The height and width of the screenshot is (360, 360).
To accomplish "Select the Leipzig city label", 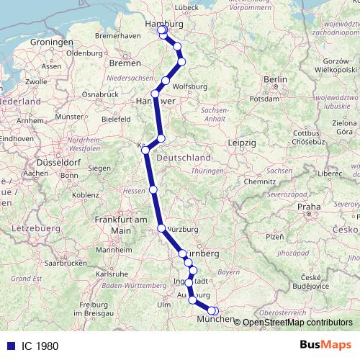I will point(242,144).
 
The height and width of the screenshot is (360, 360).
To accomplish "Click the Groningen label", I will point(50,43).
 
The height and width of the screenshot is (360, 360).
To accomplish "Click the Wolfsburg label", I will point(190,86).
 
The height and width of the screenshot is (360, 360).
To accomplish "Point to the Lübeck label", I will point(186,8).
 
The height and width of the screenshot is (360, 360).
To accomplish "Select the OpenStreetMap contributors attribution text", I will point(297,323).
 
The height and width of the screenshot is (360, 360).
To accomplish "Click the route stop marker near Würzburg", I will point(161,228).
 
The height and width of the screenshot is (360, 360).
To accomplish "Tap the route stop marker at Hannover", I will point(155,94).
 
